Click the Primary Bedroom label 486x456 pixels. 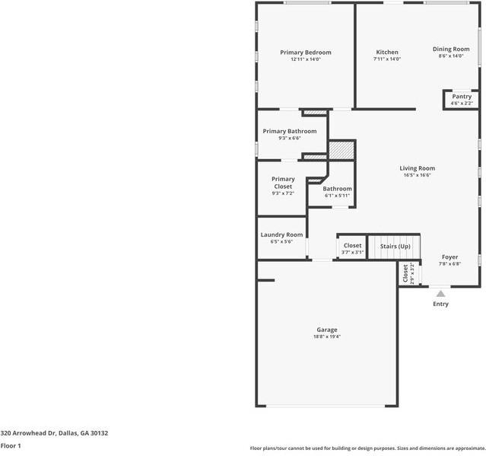click(306, 53)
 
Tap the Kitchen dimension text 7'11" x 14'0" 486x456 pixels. click(387, 59)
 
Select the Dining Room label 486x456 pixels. click(451, 49)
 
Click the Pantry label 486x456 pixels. click(462, 97)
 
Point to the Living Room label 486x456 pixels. click(418, 168)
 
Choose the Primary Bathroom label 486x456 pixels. click(290, 131)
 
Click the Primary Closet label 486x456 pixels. click(283, 183)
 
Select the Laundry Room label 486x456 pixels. click(281, 234)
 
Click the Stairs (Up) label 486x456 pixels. click(395, 247)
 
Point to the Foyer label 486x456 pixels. click(449, 257)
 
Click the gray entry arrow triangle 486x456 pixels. click(441, 293)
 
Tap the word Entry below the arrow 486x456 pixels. click(441, 304)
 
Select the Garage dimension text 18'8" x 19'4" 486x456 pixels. click(327, 336)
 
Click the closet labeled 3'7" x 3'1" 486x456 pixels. click(352, 248)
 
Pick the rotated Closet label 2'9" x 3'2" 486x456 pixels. click(408, 273)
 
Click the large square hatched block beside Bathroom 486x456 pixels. click(341, 151)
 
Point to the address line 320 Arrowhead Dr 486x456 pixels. click(54, 433)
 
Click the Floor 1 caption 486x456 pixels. click(11, 446)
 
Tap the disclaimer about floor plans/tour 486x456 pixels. click(368, 448)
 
